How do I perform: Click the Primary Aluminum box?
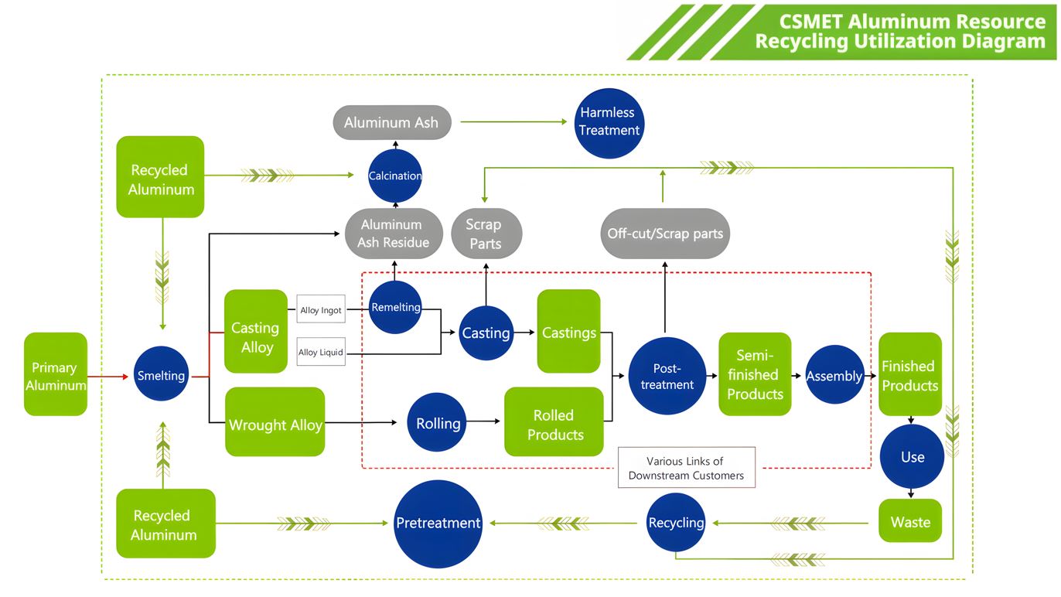pos(56,375)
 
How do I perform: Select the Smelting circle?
pos(161,375)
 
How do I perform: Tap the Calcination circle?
pos(395,176)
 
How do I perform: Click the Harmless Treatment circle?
pos(609,122)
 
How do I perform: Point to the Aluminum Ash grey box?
pos(392,122)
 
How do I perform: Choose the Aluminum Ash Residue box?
pos(393,234)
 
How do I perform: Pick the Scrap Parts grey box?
pos(486,234)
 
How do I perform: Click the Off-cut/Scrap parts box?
pos(665,233)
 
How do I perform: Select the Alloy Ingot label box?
pos(321,310)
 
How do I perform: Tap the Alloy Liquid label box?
pos(321,353)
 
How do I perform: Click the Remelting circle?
pos(395,307)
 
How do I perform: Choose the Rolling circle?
pos(438,423)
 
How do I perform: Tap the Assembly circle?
pos(834,376)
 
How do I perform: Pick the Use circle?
pos(913,456)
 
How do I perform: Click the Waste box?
pos(910,521)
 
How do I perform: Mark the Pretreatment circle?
pos(438,524)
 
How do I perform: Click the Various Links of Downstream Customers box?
pos(687,468)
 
